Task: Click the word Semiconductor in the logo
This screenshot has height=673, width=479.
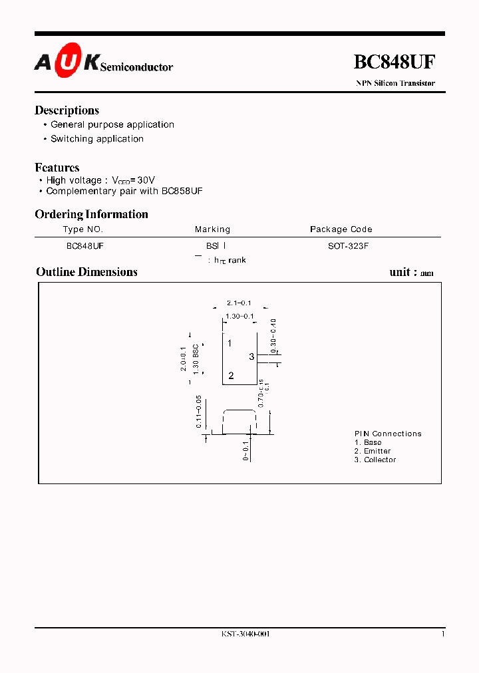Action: tap(136, 67)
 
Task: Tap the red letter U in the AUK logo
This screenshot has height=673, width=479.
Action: tap(69, 61)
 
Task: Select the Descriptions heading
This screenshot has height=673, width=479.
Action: tap(67, 110)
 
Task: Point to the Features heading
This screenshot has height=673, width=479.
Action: tap(57, 168)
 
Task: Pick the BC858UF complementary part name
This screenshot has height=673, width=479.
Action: tap(182, 191)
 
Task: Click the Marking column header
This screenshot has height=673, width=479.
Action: tap(212, 229)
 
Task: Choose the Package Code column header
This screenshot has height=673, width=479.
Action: tap(341, 229)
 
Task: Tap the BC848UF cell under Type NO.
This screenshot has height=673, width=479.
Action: tap(84, 245)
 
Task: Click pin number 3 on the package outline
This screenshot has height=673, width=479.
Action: tap(251, 357)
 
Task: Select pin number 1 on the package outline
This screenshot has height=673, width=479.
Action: tap(230, 343)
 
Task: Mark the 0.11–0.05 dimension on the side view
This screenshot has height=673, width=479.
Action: tap(199, 411)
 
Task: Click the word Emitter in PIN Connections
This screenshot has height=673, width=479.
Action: tap(377, 451)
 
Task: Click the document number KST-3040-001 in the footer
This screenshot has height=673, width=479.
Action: tap(245, 634)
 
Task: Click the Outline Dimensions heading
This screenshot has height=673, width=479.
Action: tap(86, 272)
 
